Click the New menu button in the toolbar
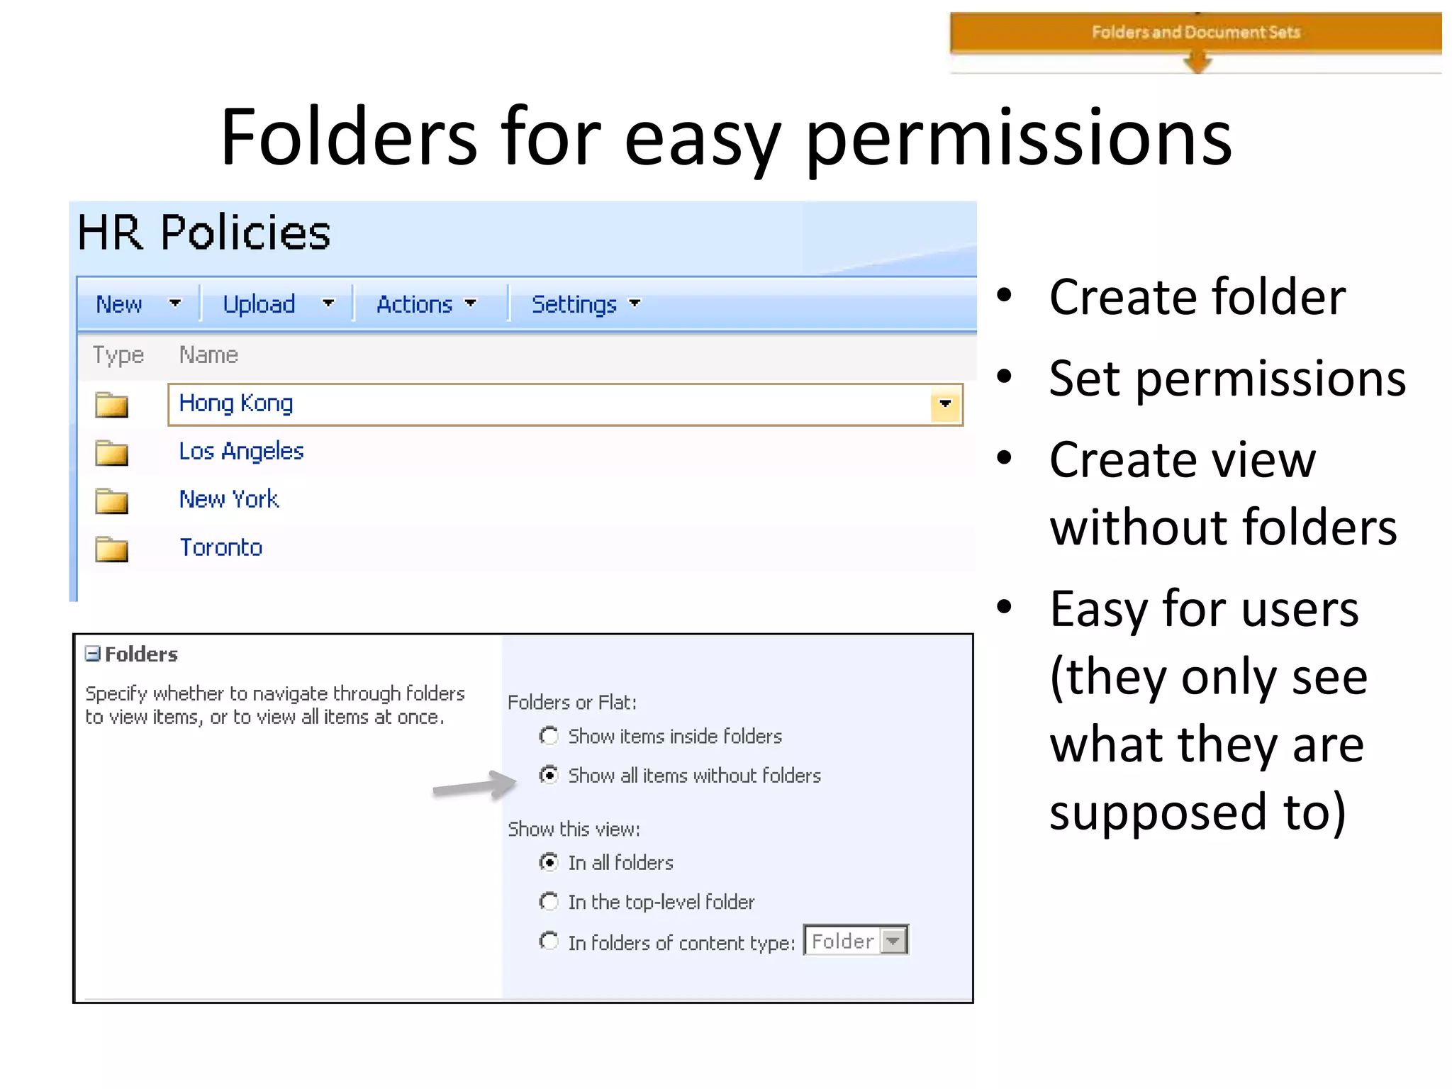point(119,304)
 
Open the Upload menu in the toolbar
point(259,304)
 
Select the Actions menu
point(415,304)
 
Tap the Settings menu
point(574,304)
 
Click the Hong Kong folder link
point(235,403)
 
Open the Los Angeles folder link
point(241,452)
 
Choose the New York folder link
point(228,500)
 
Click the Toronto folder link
point(220,548)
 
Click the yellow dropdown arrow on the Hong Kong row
point(945,404)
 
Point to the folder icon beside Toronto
point(111,549)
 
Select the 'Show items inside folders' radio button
point(548,736)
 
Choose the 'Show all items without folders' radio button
point(548,775)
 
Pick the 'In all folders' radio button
point(548,862)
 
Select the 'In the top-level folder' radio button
point(548,902)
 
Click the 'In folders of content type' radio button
point(548,942)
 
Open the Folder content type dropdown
point(893,941)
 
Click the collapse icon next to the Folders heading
point(92,654)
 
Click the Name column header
point(208,354)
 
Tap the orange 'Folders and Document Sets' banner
point(1195,33)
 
